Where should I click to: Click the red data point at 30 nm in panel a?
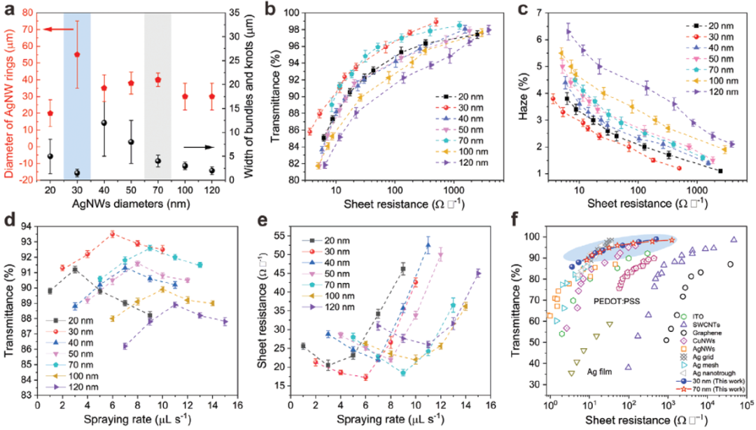pyautogui.click(x=77, y=54)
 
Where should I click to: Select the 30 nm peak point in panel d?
pyautogui.click(x=113, y=234)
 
